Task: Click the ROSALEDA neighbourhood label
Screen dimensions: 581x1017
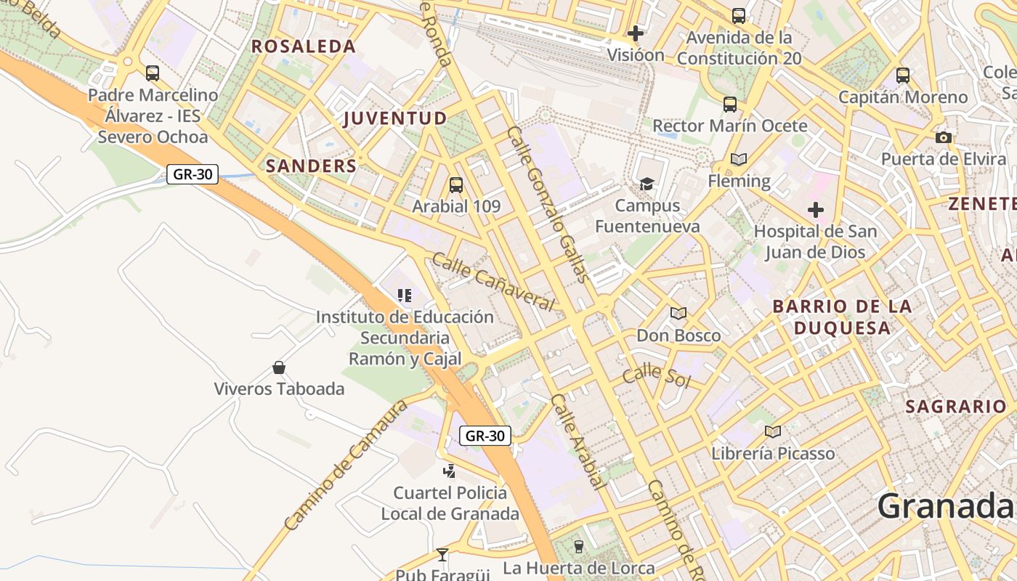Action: [x=304, y=46]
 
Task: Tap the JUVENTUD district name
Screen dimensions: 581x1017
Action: [x=395, y=118]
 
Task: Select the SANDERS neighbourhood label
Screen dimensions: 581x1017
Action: [x=311, y=166]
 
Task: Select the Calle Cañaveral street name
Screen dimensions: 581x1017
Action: [x=493, y=281]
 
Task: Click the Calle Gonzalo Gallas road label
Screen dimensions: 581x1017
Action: [x=548, y=205]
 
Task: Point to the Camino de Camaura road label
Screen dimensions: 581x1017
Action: [x=345, y=465]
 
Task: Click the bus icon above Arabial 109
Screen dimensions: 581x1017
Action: [x=456, y=185]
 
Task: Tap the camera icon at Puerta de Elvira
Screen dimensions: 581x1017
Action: [x=944, y=137]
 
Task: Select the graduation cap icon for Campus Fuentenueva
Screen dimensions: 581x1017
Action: [x=647, y=184]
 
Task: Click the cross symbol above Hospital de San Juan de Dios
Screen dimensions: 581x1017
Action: [x=816, y=211]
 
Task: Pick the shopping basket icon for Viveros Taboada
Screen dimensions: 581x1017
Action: [x=278, y=367]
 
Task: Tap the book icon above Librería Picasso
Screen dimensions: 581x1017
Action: [x=773, y=432]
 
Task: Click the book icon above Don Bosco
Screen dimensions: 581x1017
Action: [x=678, y=314]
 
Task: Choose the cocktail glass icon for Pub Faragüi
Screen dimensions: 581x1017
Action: [x=442, y=556]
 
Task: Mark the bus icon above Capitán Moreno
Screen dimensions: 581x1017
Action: [x=903, y=75]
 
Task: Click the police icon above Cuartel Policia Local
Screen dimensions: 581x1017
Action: [x=450, y=471]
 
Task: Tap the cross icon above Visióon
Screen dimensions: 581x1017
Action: [x=636, y=33]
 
